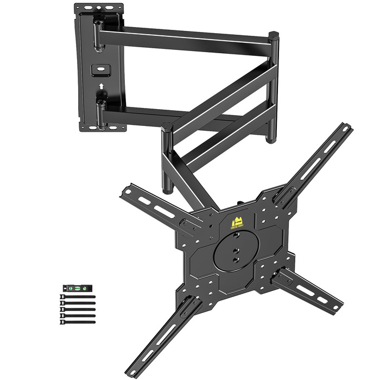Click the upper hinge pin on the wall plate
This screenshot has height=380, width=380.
(98, 34)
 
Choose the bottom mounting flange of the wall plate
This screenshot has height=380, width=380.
(103, 128)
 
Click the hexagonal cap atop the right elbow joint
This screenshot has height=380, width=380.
(274, 36)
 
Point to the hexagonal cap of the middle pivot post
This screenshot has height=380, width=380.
(167, 128)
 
